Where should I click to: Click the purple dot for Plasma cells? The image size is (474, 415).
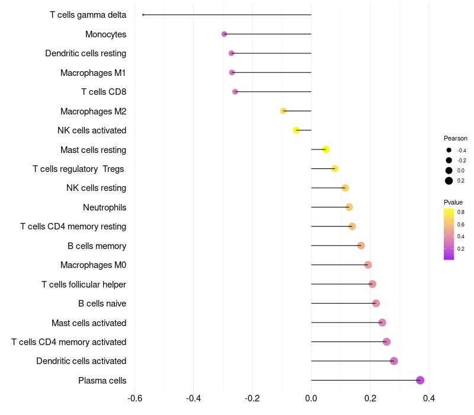point(420,380)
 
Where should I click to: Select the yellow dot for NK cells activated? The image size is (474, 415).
point(296,130)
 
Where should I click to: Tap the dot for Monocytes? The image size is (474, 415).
point(224,34)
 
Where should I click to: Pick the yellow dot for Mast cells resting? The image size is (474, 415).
point(325,149)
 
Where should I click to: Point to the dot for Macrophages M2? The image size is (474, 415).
point(283,111)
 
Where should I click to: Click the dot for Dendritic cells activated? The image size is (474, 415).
point(394,361)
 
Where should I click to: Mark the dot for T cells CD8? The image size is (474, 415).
point(235,92)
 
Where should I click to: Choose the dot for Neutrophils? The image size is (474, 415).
point(349,207)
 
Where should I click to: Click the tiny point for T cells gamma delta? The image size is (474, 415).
point(143,15)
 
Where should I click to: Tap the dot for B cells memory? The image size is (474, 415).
point(361,245)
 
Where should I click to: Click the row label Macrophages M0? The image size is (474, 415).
point(93,265)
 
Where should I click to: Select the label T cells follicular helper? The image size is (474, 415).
point(84,284)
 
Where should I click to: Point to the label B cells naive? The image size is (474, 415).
point(102,304)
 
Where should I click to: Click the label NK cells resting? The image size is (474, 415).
point(96,188)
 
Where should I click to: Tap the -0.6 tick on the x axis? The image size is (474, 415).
point(134,398)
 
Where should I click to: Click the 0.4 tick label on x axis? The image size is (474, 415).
point(429,398)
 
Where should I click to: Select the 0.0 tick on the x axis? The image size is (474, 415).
point(311,398)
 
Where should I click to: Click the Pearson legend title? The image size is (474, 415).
point(455,138)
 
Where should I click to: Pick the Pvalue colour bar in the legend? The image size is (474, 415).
point(449,234)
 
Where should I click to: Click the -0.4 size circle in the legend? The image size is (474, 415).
point(449,150)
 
